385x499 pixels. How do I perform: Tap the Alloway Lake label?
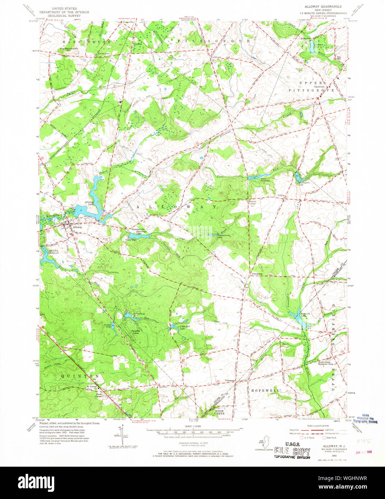(89, 204)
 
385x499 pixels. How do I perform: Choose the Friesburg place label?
(257, 274)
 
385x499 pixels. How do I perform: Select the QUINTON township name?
(79, 376)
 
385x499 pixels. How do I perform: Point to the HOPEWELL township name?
(265, 390)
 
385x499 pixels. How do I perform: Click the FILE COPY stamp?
(292, 451)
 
